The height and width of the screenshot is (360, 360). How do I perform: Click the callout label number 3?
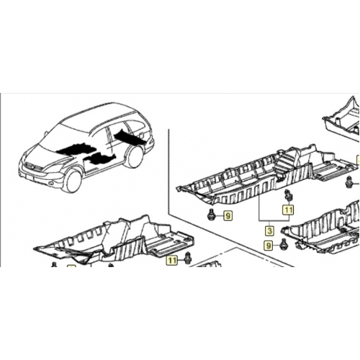click(269, 231)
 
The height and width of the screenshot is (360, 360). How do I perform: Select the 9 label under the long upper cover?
click(228, 216)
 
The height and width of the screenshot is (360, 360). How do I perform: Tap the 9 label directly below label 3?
click(269, 246)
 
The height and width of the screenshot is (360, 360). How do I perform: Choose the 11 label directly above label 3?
click(289, 210)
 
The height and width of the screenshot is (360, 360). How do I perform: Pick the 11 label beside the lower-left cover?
click(172, 260)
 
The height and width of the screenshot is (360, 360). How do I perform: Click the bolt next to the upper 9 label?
click(211, 215)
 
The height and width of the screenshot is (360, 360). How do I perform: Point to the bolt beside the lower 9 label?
click(284, 244)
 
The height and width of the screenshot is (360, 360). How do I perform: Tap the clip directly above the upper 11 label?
click(288, 196)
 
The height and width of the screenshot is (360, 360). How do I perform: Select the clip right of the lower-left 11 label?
click(187, 258)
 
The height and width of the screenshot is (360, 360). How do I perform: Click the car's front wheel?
click(72, 181)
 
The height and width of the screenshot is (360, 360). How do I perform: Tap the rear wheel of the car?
click(135, 156)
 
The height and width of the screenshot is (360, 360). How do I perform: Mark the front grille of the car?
click(31, 166)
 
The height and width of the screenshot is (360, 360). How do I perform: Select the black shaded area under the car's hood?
click(73, 149)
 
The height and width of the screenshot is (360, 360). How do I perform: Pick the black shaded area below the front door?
click(99, 158)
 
